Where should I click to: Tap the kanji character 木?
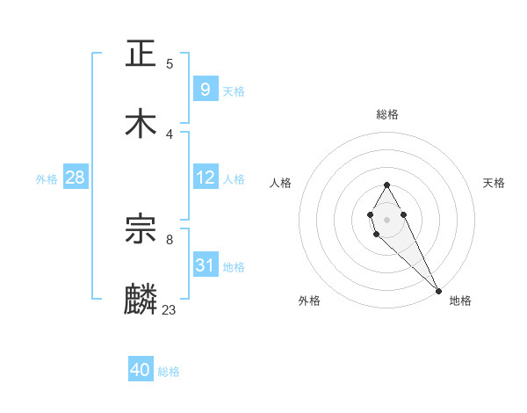coord(141,123)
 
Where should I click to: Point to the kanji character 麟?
coord(141,299)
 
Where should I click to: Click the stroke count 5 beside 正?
coord(170,64)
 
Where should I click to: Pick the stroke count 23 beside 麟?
coord(170,309)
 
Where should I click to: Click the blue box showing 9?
coord(205,89)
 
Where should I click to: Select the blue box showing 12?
coord(205,178)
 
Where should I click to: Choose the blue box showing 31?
coord(205,265)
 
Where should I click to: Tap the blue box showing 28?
coord(75,178)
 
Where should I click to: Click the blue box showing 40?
coord(140,370)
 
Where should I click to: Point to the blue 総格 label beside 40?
coord(169,372)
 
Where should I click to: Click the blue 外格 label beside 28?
coord(47,179)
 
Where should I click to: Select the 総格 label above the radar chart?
coord(387,115)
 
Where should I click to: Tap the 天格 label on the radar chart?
coord(494,183)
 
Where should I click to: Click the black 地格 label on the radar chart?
coord(460,301)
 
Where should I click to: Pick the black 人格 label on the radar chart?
coord(281,183)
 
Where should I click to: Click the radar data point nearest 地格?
coord(438,290)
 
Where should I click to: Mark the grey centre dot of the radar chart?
coord(386,218)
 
